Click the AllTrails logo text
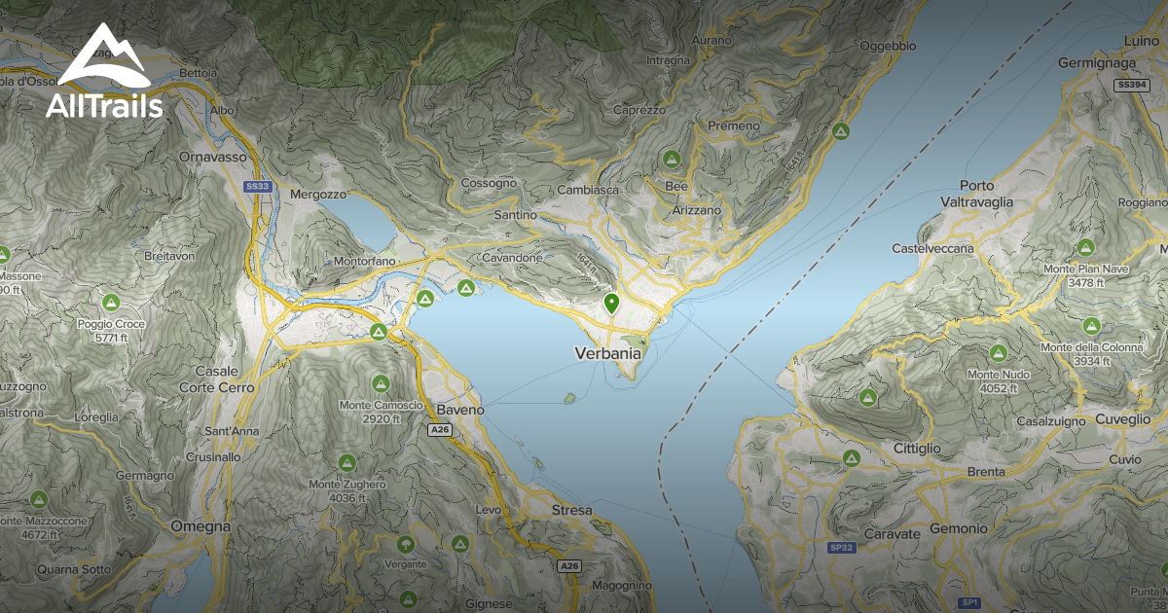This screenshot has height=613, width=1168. point(104,105)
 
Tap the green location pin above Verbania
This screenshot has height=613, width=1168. point(611,304)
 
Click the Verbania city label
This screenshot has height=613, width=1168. point(608,352)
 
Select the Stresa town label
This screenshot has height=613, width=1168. point(571,510)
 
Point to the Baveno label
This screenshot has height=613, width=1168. point(460,410)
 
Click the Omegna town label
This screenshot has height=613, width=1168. point(200,526)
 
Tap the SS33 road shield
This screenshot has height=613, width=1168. point(256,185)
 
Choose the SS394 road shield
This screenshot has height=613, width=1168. point(1133,86)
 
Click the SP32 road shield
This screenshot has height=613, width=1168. point(841,548)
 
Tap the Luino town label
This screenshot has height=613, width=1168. point(1141,40)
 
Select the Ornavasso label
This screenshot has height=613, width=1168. point(210,156)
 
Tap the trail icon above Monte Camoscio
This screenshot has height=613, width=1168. point(380,382)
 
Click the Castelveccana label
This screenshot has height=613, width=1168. point(932,249)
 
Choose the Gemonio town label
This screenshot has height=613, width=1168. point(958,527)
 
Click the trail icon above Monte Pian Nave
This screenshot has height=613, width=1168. point(1085,248)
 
